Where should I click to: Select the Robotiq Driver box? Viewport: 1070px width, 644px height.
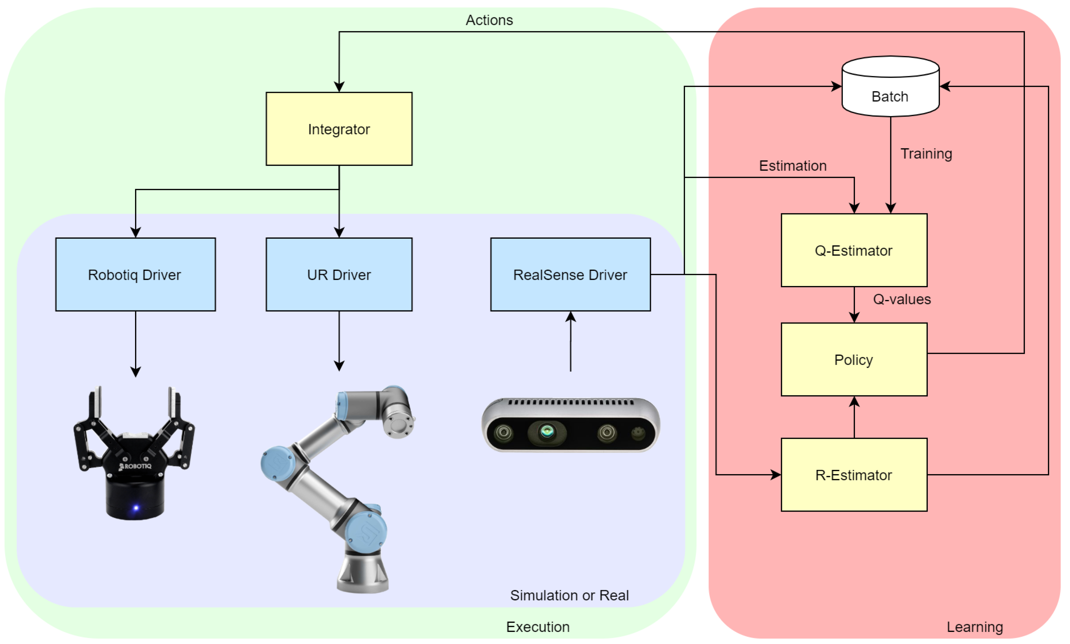[135, 274]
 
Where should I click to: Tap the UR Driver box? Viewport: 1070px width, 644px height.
[339, 274]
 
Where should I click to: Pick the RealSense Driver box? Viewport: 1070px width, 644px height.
[570, 274]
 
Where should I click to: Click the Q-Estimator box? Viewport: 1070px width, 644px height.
[853, 250]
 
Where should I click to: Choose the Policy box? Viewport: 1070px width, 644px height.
[853, 359]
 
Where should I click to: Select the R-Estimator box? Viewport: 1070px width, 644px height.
[853, 475]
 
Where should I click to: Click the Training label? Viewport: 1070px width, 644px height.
[926, 154]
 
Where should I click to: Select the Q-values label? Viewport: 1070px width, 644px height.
[902, 299]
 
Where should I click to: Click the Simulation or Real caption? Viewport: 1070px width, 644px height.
[569, 595]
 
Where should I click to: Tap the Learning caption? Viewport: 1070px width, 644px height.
[974, 627]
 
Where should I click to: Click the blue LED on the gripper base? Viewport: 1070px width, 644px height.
[136, 508]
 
